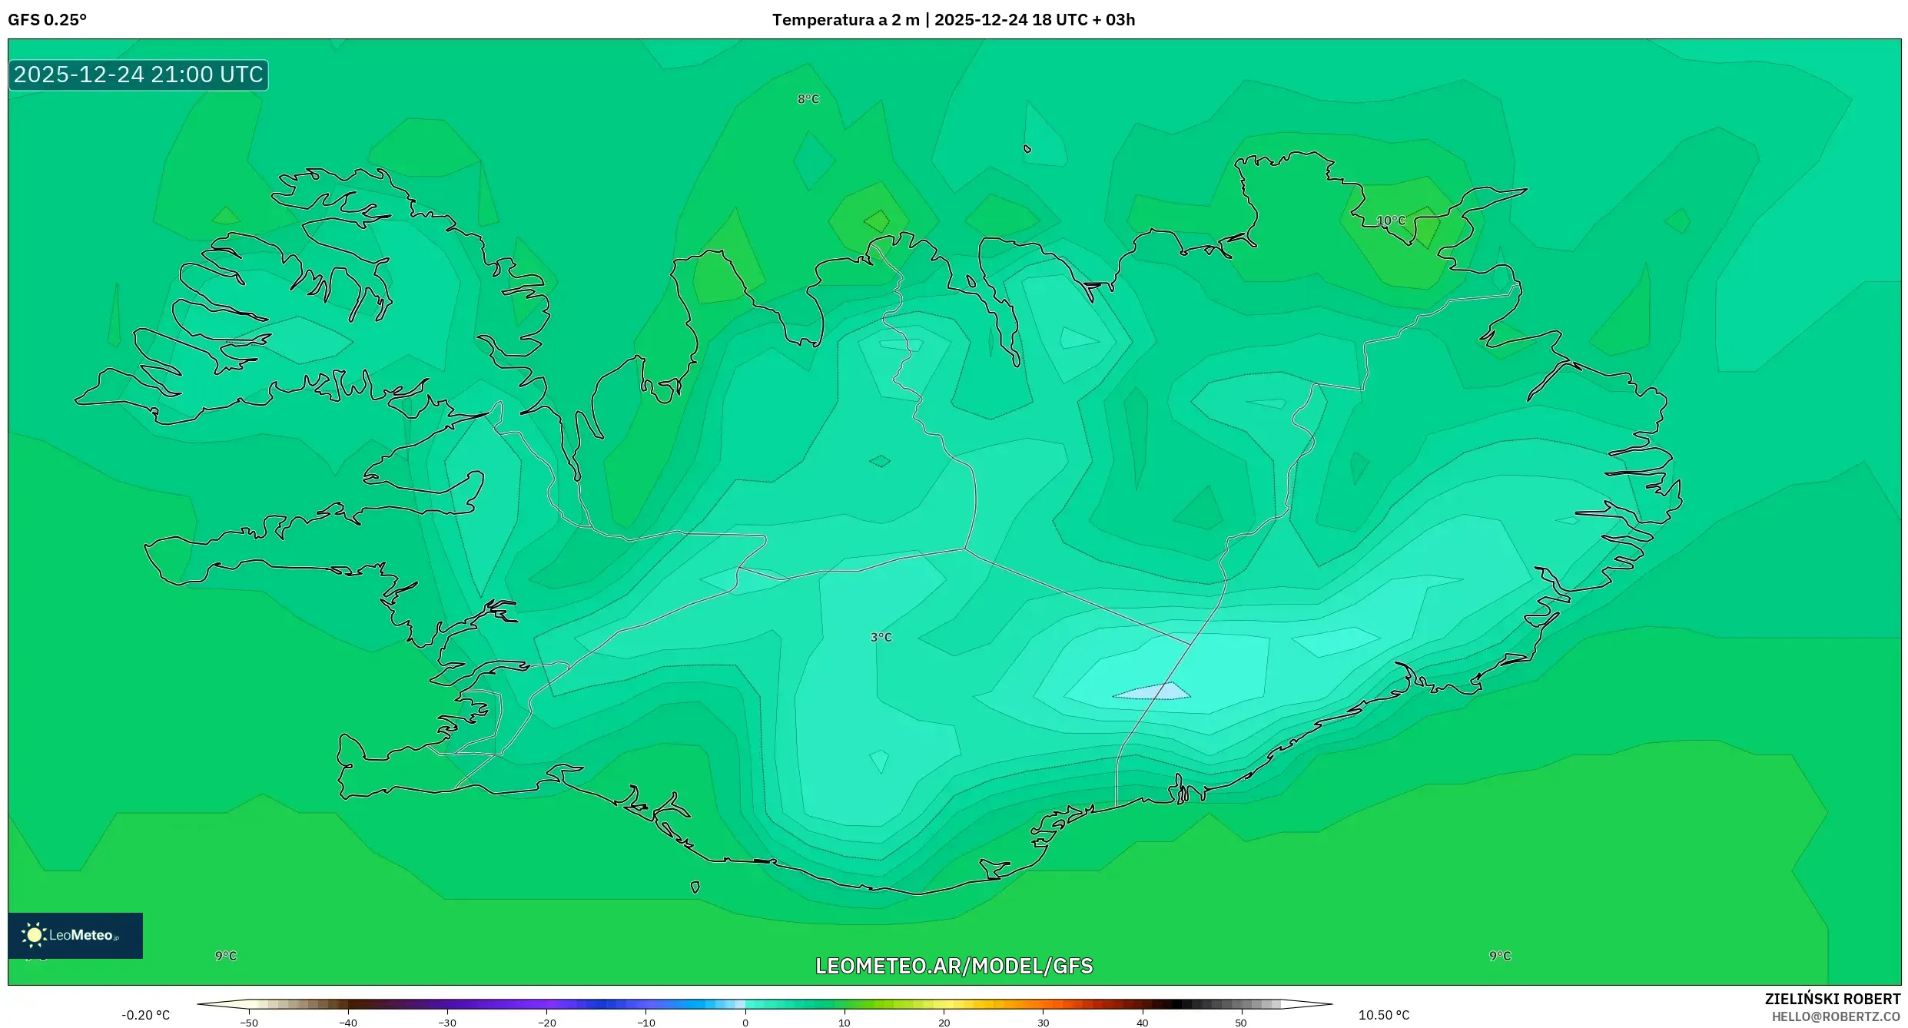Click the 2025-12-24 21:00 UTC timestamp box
coord(138,75)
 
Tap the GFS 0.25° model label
coord(48,20)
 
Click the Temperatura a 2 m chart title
coord(953,20)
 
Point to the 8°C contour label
coord(808,99)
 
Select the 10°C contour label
coord(1391,221)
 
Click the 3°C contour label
coord(881,637)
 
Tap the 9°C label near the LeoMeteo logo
coord(226,956)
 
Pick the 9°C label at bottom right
coord(1500,956)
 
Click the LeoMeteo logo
coord(75,935)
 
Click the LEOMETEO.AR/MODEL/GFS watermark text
coord(954,966)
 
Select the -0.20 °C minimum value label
coord(145,1015)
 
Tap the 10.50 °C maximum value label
coord(1384,1015)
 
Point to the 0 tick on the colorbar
coord(745,1022)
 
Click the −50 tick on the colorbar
coord(248,1022)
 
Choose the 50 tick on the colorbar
coord(1241,1022)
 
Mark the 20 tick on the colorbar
coord(944,1022)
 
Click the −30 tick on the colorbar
coord(447,1022)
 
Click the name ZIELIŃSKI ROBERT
coord(1832,999)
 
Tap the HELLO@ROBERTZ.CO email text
coord(1836,1016)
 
